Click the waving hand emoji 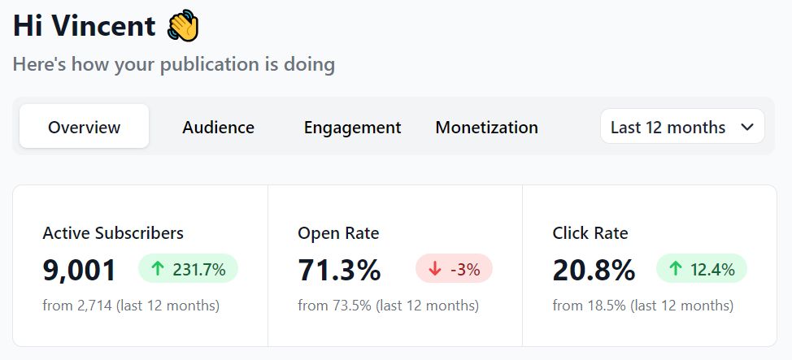[x=183, y=26]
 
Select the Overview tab [x=84, y=127]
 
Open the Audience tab [x=218, y=127]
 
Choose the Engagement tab [x=352, y=127]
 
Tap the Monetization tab [x=486, y=127]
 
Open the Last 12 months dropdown [x=681, y=127]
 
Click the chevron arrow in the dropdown [x=747, y=127]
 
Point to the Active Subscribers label [x=113, y=233]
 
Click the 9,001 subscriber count [x=80, y=270]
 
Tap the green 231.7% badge [x=188, y=269]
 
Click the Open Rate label [x=338, y=233]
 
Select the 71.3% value [x=339, y=270]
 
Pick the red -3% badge [x=454, y=269]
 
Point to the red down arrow [x=435, y=269]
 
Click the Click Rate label [x=590, y=233]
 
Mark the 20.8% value [x=594, y=270]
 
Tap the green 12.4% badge [x=701, y=269]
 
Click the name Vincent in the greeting [x=103, y=26]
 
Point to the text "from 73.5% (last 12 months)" [x=388, y=306]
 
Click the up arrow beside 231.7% [x=158, y=269]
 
